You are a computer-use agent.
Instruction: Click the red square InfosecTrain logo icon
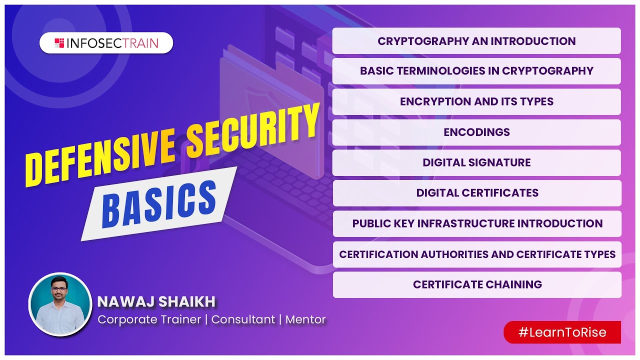click(x=59, y=43)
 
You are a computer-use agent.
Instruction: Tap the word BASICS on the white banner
click(x=159, y=204)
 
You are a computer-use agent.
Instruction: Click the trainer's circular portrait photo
click(x=60, y=304)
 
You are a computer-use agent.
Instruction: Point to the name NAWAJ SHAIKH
click(x=156, y=301)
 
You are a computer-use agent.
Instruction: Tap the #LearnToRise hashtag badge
click(x=562, y=332)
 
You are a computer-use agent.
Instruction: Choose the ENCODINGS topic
click(x=476, y=132)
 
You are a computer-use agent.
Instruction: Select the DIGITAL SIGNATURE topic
click(x=476, y=162)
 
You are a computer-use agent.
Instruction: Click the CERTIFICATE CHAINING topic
click(x=477, y=284)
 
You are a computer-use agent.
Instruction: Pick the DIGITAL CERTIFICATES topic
click(x=477, y=193)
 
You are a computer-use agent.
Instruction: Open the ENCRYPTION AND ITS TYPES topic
click(x=476, y=101)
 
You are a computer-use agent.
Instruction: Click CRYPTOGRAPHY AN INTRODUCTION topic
click(x=476, y=41)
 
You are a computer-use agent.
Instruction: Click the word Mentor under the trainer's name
click(x=305, y=319)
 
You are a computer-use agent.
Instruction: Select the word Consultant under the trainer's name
click(x=243, y=319)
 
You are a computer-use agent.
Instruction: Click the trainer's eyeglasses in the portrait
click(x=59, y=289)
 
